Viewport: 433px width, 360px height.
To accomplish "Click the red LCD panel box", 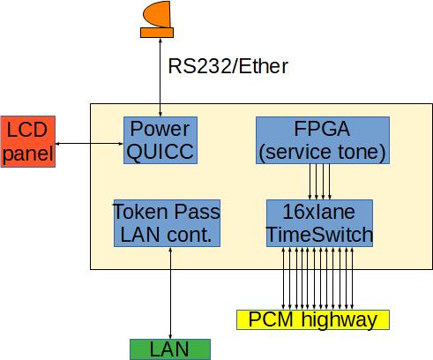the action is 28,141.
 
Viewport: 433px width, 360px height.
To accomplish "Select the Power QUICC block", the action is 161,140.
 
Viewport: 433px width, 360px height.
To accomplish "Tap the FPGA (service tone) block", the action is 323,140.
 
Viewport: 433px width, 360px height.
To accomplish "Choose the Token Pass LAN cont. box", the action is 167,223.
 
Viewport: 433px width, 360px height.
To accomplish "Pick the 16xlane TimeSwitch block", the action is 319,223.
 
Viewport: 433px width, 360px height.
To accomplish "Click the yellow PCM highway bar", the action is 313,319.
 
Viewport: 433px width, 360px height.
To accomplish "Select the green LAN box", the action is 170,349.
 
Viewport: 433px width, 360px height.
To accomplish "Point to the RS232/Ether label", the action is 228,66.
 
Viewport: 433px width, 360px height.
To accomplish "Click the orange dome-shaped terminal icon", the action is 157,14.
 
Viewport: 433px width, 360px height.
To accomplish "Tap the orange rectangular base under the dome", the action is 157,33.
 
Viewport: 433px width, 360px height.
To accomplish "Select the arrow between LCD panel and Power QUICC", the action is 89,144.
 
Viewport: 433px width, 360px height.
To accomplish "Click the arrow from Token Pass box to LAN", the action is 170,293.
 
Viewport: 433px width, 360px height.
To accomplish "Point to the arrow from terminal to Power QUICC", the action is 161,77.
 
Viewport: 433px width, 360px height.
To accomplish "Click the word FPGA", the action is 322,129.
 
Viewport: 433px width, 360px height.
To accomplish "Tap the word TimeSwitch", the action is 319,235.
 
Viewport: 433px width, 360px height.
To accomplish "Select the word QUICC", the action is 161,152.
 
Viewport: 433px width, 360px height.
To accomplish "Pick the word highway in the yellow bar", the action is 340,320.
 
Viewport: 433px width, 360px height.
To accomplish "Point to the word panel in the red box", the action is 28,154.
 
